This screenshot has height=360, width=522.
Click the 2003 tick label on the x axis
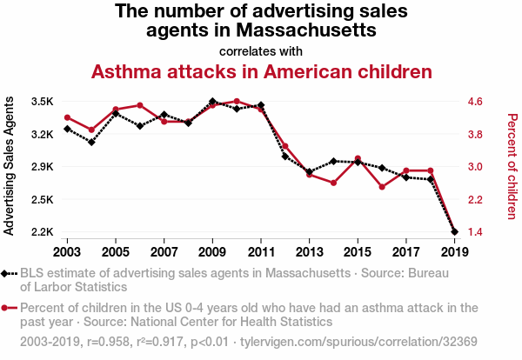click(67, 251)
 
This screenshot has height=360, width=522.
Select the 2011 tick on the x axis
click(261, 251)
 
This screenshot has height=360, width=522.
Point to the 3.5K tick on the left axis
click(42, 102)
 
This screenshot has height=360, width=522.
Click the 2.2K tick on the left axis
click(42, 232)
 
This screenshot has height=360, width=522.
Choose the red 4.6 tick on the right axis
click(474, 102)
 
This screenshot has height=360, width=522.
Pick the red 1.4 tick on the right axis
click(474, 232)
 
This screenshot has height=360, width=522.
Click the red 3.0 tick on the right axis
click(474, 167)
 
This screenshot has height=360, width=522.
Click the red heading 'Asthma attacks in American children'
click(262, 71)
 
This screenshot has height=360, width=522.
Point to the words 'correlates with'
click(261, 50)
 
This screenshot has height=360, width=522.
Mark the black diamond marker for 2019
click(454, 232)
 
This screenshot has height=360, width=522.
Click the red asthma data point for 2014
click(333, 183)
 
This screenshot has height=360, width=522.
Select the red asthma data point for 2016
click(382, 187)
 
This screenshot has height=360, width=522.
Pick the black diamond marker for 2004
click(91, 142)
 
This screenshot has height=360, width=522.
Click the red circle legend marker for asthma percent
click(9, 307)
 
